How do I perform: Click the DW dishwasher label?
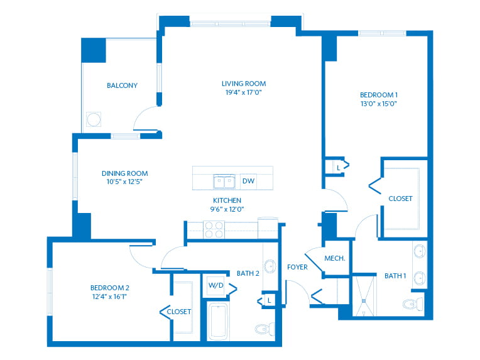coord(248,181)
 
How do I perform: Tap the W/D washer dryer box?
coord(216,286)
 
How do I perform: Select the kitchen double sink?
coord(224,182)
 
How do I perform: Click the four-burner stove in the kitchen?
coord(214,229)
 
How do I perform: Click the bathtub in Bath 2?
coord(218,321)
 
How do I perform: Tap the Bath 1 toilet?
coord(413,304)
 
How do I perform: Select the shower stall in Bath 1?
coord(364,296)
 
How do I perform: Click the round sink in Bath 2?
coord(270,266)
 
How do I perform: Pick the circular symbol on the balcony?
coord(94,119)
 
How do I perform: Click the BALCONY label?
coord(122,85)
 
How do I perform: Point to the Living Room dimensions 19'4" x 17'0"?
coord(244,92)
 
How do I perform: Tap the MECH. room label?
coord(335,258)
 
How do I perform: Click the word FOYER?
coord(297,267)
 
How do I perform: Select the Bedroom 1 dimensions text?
coord(379,104)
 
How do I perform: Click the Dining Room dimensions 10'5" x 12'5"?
coord(124,182)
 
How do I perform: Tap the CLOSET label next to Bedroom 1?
coord(400,199)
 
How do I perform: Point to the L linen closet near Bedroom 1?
coord(338,168)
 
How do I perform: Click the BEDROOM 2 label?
coord(109,288)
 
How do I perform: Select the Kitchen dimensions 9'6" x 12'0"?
coord(227,209)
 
